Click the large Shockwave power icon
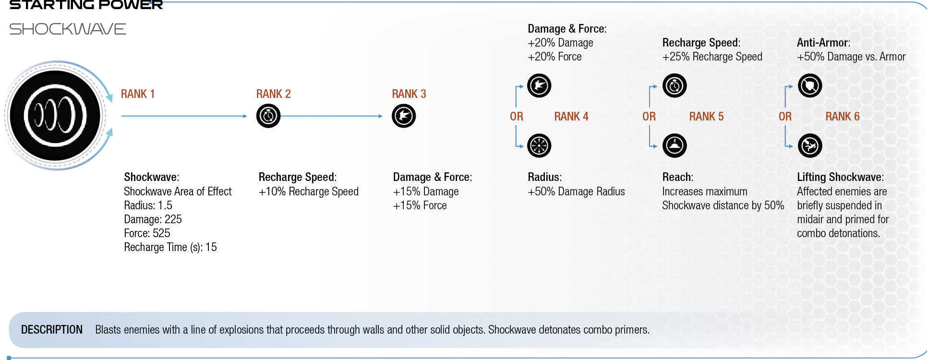55,116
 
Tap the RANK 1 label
138,94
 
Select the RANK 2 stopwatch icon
268,116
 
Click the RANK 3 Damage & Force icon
404,116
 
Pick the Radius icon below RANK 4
539,145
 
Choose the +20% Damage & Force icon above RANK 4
539,86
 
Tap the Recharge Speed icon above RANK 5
675,86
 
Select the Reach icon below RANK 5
675,145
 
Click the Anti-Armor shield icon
810,86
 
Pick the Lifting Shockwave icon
810,145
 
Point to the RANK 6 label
843,117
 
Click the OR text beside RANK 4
517,117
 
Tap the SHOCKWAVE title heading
68,29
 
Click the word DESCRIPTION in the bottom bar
52,330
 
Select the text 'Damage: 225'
153,219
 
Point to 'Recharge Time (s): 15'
170,247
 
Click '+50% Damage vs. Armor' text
851,57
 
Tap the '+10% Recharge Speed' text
308,192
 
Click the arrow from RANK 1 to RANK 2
184,116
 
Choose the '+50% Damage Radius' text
576,192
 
